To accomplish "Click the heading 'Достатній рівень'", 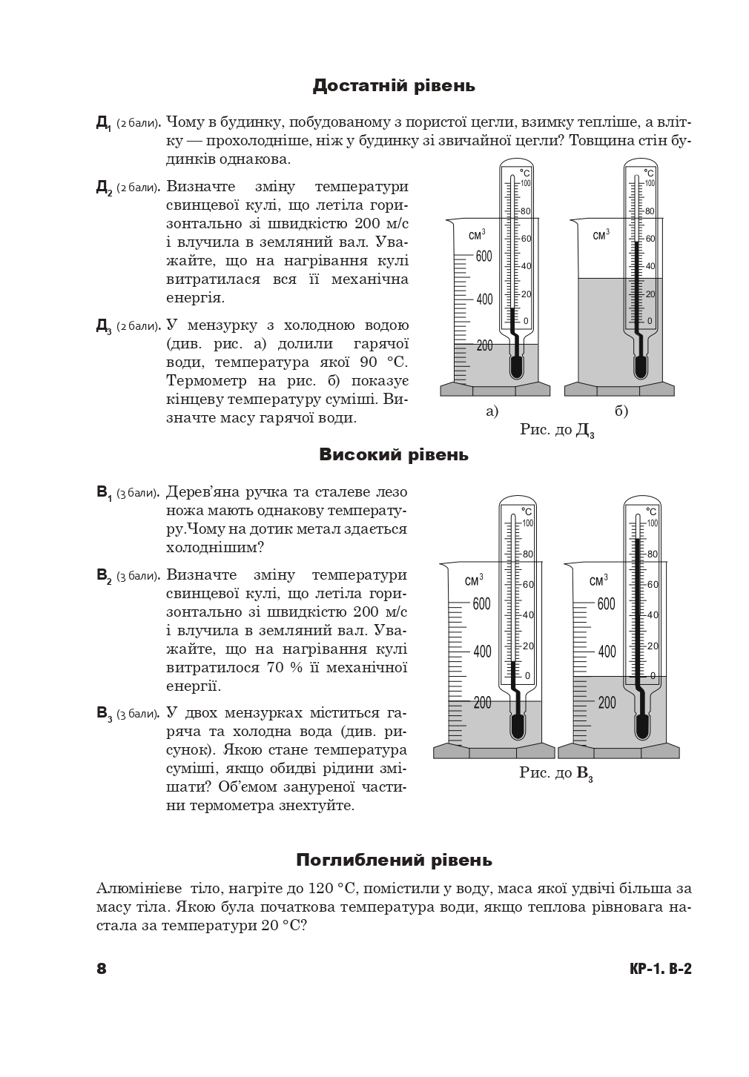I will [394, 86].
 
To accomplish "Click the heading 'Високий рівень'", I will [394, 454].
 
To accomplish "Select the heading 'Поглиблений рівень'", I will [394, 860].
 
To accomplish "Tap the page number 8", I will [102, 969].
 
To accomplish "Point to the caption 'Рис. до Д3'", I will [557, 431].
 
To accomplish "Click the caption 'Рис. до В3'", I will [555, 773].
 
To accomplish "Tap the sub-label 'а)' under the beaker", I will [492, 411].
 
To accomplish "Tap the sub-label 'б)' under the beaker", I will [621, 411].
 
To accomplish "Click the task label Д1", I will [103, 123].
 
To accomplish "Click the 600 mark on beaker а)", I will [484, 256].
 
